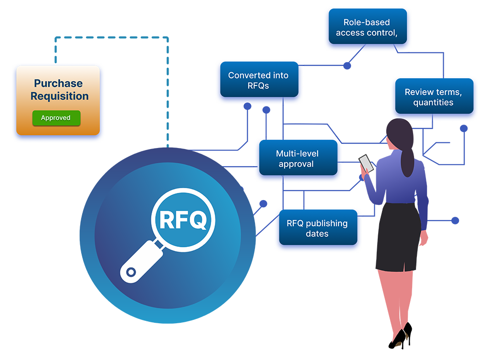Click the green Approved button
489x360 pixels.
[x=56, y=118]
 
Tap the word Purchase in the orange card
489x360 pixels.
[x=58, y=84]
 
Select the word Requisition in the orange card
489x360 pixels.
[x=59, y=96]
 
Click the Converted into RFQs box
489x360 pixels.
[x=258, y=81]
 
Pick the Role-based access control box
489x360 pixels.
[x=366, y=28]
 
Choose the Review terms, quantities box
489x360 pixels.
[x=433, y=97]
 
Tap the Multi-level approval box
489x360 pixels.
[x=297, y=159]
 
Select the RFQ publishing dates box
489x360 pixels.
[x=317, y=229]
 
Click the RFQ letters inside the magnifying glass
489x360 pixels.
[x=183, y=220]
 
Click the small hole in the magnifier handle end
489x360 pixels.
[x=129, y=272]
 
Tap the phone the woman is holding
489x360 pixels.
[x=366, y=162]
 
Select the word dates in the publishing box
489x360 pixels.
[x=317, y=234]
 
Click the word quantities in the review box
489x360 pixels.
[x=433, y=103]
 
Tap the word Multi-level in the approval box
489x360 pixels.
[x=297, y=154]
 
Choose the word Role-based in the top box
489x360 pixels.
[x=366, y=22]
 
